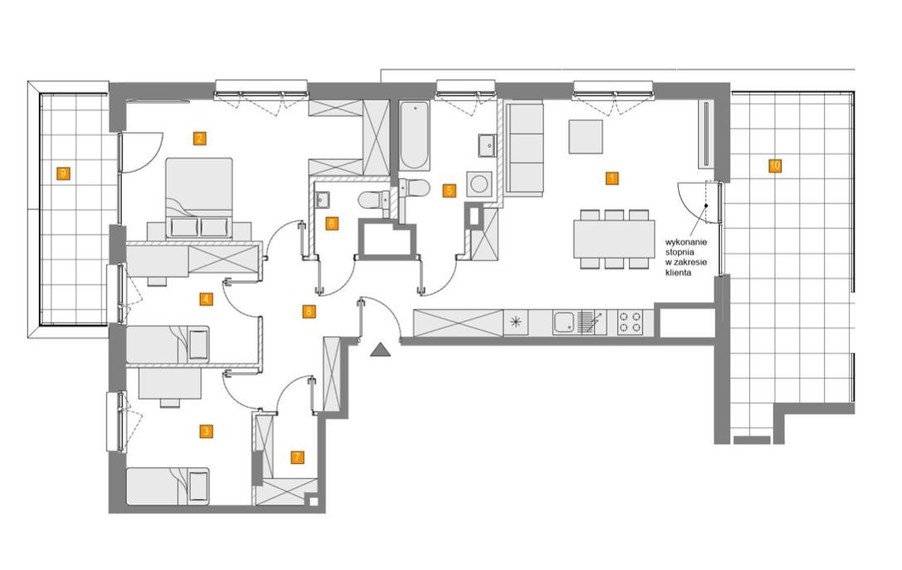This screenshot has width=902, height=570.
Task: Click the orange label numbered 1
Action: pos(612,178)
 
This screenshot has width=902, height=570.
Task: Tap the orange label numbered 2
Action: pos(199,138)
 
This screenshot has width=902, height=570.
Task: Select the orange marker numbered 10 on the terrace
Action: pos(775,166)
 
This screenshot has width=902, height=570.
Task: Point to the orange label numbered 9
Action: pos(63,173)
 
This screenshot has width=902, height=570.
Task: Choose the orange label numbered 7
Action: pos(297,457)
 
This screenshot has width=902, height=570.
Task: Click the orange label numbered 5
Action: pos(449,190)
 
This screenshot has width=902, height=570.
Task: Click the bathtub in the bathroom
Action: pos(414,136)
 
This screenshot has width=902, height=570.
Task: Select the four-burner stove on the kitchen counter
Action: pos(630,322)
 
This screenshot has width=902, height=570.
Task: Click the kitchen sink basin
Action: pos(563,322)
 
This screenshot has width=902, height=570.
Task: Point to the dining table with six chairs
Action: pos(614,239)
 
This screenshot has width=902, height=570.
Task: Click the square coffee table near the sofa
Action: pos(586,137)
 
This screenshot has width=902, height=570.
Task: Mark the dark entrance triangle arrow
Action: pos(380,349)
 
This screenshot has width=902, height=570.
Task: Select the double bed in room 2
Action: pos(199,197)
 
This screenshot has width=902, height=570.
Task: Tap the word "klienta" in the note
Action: pos(678,273)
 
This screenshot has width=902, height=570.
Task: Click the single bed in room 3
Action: pos(168,486)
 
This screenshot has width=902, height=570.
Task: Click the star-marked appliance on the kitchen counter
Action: pos(515,322)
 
